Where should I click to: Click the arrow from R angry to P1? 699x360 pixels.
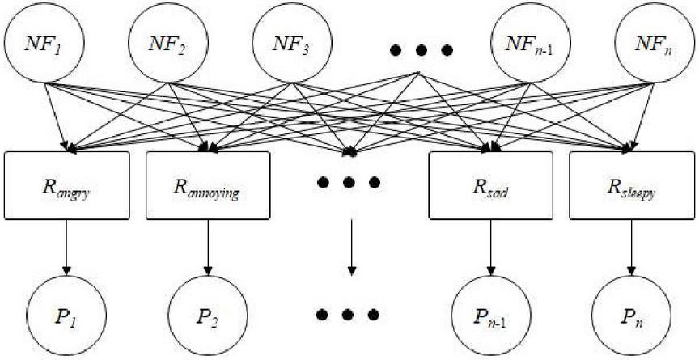point(66,248)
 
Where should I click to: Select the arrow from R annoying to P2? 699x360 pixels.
point(207,248)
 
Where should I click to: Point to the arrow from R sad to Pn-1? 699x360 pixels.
point(491,248)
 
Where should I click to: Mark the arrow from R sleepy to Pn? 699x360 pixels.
point(631,248)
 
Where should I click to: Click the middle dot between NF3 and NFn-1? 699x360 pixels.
point(421,50)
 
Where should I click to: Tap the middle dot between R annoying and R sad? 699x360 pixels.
point(349,182)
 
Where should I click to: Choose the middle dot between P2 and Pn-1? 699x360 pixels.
point(348,315)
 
